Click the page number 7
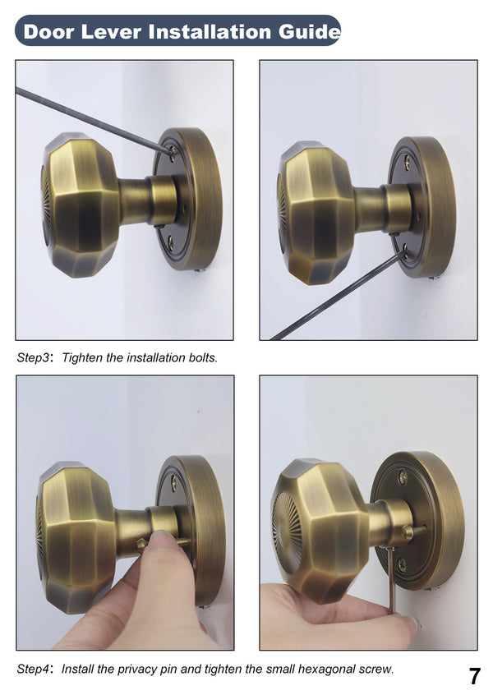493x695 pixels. [474, 676]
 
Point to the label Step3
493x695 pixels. [34, 358]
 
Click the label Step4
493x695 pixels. [34, 669]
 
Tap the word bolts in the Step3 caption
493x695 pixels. [202, 358]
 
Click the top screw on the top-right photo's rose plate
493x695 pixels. [406, 163]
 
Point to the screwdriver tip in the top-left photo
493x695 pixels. [171, 150]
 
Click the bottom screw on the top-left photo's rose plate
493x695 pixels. [170, 242]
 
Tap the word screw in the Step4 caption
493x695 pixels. [376, 669]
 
